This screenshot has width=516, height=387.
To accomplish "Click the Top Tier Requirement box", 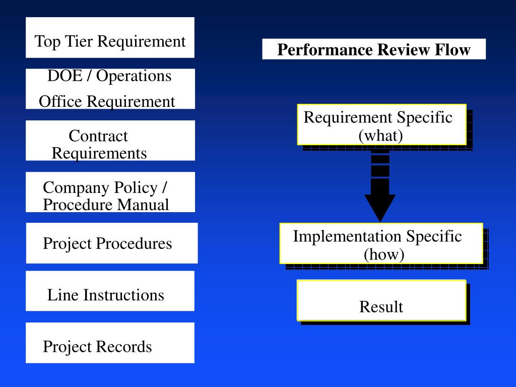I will click(x=110, y=38).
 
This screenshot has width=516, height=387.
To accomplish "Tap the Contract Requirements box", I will click(x=110, y=141).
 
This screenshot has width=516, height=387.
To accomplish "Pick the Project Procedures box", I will click(x=111, y=243).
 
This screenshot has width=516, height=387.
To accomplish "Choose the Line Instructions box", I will click(x=110, y=291).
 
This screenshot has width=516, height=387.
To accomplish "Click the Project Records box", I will click(x=110, y=343).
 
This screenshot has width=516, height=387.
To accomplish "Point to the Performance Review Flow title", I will click(x=374, y=49).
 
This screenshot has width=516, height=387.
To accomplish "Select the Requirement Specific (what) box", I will click(x=381, y=124).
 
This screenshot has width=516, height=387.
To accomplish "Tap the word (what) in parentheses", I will click(x=380, y=136).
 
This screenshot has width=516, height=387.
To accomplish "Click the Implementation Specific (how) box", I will click(x=381, y=243).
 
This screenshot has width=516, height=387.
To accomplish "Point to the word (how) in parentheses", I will click(x=384, y=254).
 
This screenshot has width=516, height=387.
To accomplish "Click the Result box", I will click(x=381, y=301).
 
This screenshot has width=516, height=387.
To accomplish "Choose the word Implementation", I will click(x=347, y=236).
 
